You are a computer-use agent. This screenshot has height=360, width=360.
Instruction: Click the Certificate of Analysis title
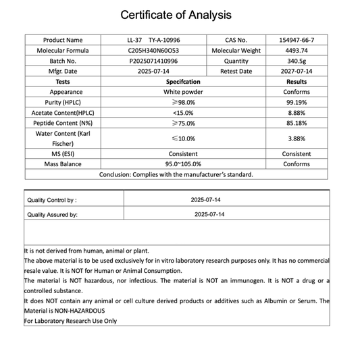click(x=176, y=14)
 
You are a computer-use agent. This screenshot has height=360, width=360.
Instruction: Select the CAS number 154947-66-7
click(x=297, y=40)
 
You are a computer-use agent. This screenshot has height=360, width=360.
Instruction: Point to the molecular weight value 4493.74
click(x=297, y=51)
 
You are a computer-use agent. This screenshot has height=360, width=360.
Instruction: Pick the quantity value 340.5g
click(x=297, y=61)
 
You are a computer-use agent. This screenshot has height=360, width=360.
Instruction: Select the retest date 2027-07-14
click(x=297, y=71)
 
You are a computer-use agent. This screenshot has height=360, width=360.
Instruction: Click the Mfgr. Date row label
click(x=63, y=71)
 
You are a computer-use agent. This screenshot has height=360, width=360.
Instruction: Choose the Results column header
click(x=297, y=82)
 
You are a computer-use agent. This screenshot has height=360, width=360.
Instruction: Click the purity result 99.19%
click(x=297, y=102)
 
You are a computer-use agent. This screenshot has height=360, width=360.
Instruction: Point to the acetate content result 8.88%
click(x=297, y=113)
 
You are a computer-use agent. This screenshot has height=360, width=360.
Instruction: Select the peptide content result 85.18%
click(x=297, y=123)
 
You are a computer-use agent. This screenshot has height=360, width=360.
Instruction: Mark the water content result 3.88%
click(x=297, y=138)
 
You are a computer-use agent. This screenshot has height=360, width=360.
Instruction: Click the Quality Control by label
click(x=52, y=201)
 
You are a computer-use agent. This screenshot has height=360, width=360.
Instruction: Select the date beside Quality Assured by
click(x=209, y=214)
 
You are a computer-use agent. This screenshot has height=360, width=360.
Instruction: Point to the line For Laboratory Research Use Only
click(x=70, y=321)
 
